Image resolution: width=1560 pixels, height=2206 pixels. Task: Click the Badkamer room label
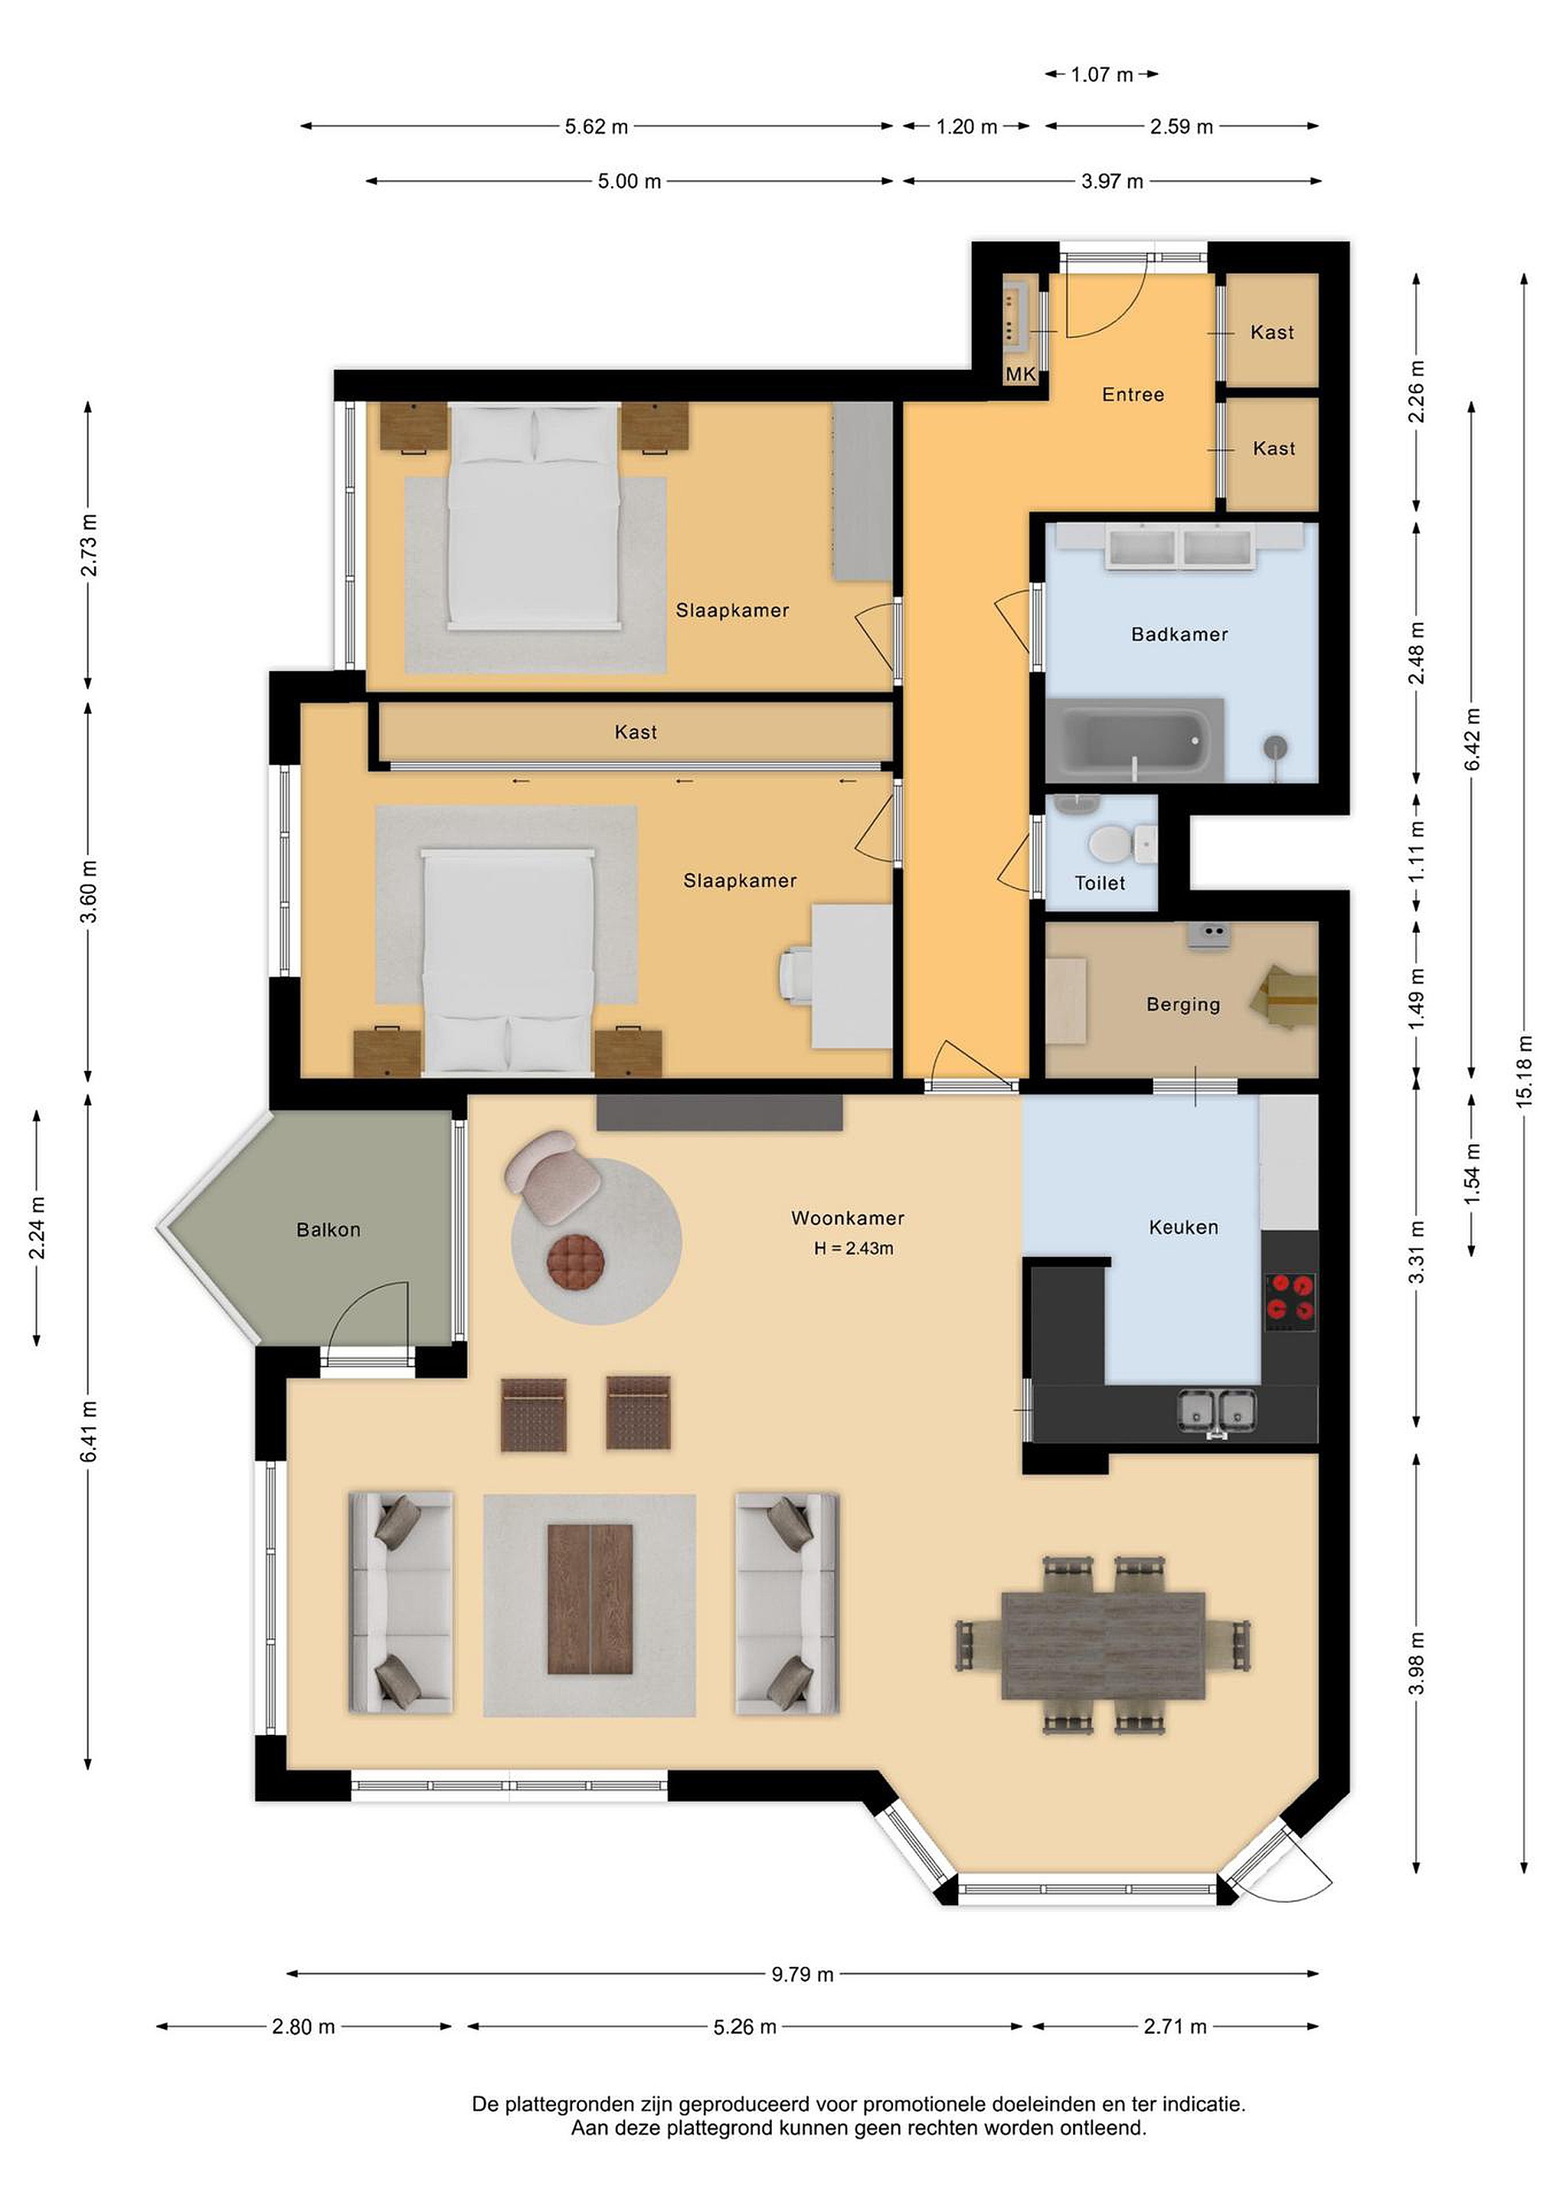[1179, 634]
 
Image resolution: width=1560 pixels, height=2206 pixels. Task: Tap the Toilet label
[1099, 883]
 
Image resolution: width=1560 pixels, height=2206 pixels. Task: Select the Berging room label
[1182, 1005]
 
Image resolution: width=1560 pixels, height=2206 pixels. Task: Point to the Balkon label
[329, 1230]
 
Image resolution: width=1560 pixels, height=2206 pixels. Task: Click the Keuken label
[1183, 1227]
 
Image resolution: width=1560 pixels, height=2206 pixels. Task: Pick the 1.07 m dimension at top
[1102, 74]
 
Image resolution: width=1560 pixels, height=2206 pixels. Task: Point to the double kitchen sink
[1217, 1412]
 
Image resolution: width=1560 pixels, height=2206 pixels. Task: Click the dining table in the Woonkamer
[1103, 1646]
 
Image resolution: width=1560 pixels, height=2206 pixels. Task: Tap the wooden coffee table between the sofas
[590, 1599]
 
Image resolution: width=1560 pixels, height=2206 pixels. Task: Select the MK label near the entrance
[1020, 374]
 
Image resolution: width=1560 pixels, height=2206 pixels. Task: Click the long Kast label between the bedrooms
[635, 732]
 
